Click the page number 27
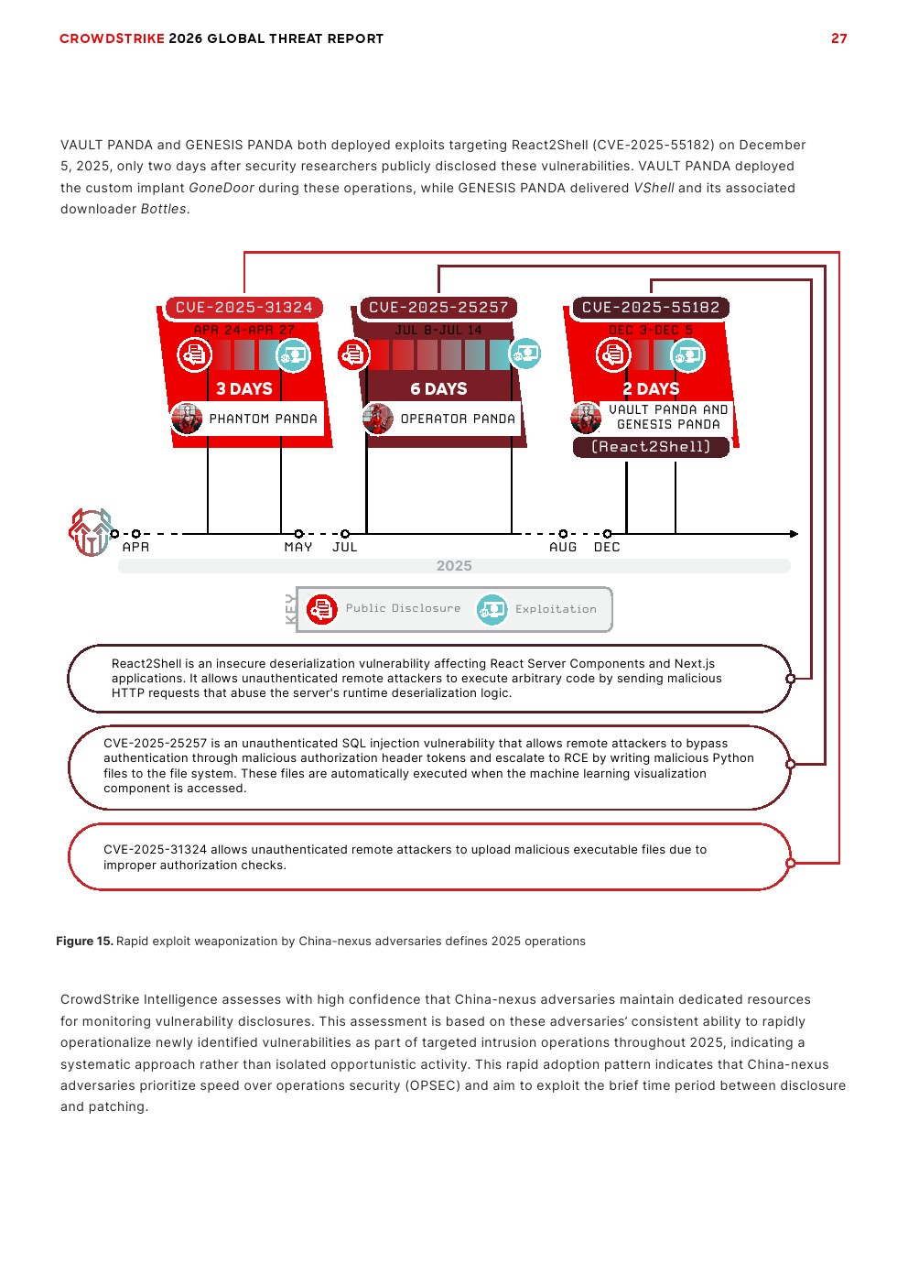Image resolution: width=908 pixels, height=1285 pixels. [x=838, y=38]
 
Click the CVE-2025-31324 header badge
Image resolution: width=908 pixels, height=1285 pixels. [x=243, y=308]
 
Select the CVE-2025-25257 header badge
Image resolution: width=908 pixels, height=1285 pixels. [x=438, y=308]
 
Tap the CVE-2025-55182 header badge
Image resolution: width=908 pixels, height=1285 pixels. [x=651, y=308]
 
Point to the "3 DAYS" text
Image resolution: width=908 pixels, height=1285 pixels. [x=244, y=389]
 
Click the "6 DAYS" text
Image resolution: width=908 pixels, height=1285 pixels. [x=438, y=389]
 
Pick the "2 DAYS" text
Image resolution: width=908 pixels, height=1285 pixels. [x=651, y=389]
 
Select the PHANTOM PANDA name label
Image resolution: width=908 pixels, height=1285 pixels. [x=263, y=419]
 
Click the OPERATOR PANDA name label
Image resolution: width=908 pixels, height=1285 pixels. [x=458, y=419]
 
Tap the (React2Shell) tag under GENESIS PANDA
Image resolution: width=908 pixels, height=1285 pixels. [x=651, y=447]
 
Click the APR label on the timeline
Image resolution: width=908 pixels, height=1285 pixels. [x=135, y=548]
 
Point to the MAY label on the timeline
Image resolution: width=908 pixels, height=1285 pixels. [x=298, y=548]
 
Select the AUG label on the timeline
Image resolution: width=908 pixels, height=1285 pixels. [x=563, y=548]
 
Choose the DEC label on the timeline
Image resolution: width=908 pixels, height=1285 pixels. [x=607, y=548]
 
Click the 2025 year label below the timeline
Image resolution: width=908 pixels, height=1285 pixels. [x=454, y=566]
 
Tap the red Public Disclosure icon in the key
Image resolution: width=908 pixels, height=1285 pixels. [x=322, y=609]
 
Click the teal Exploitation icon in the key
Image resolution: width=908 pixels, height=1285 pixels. [x=492, y=609]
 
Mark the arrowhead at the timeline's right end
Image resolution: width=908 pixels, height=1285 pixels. [x=794, y=534]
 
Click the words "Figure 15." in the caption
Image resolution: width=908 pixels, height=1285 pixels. [x=84, y=942]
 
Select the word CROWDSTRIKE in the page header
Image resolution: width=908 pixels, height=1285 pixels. [x=112, y=38]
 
